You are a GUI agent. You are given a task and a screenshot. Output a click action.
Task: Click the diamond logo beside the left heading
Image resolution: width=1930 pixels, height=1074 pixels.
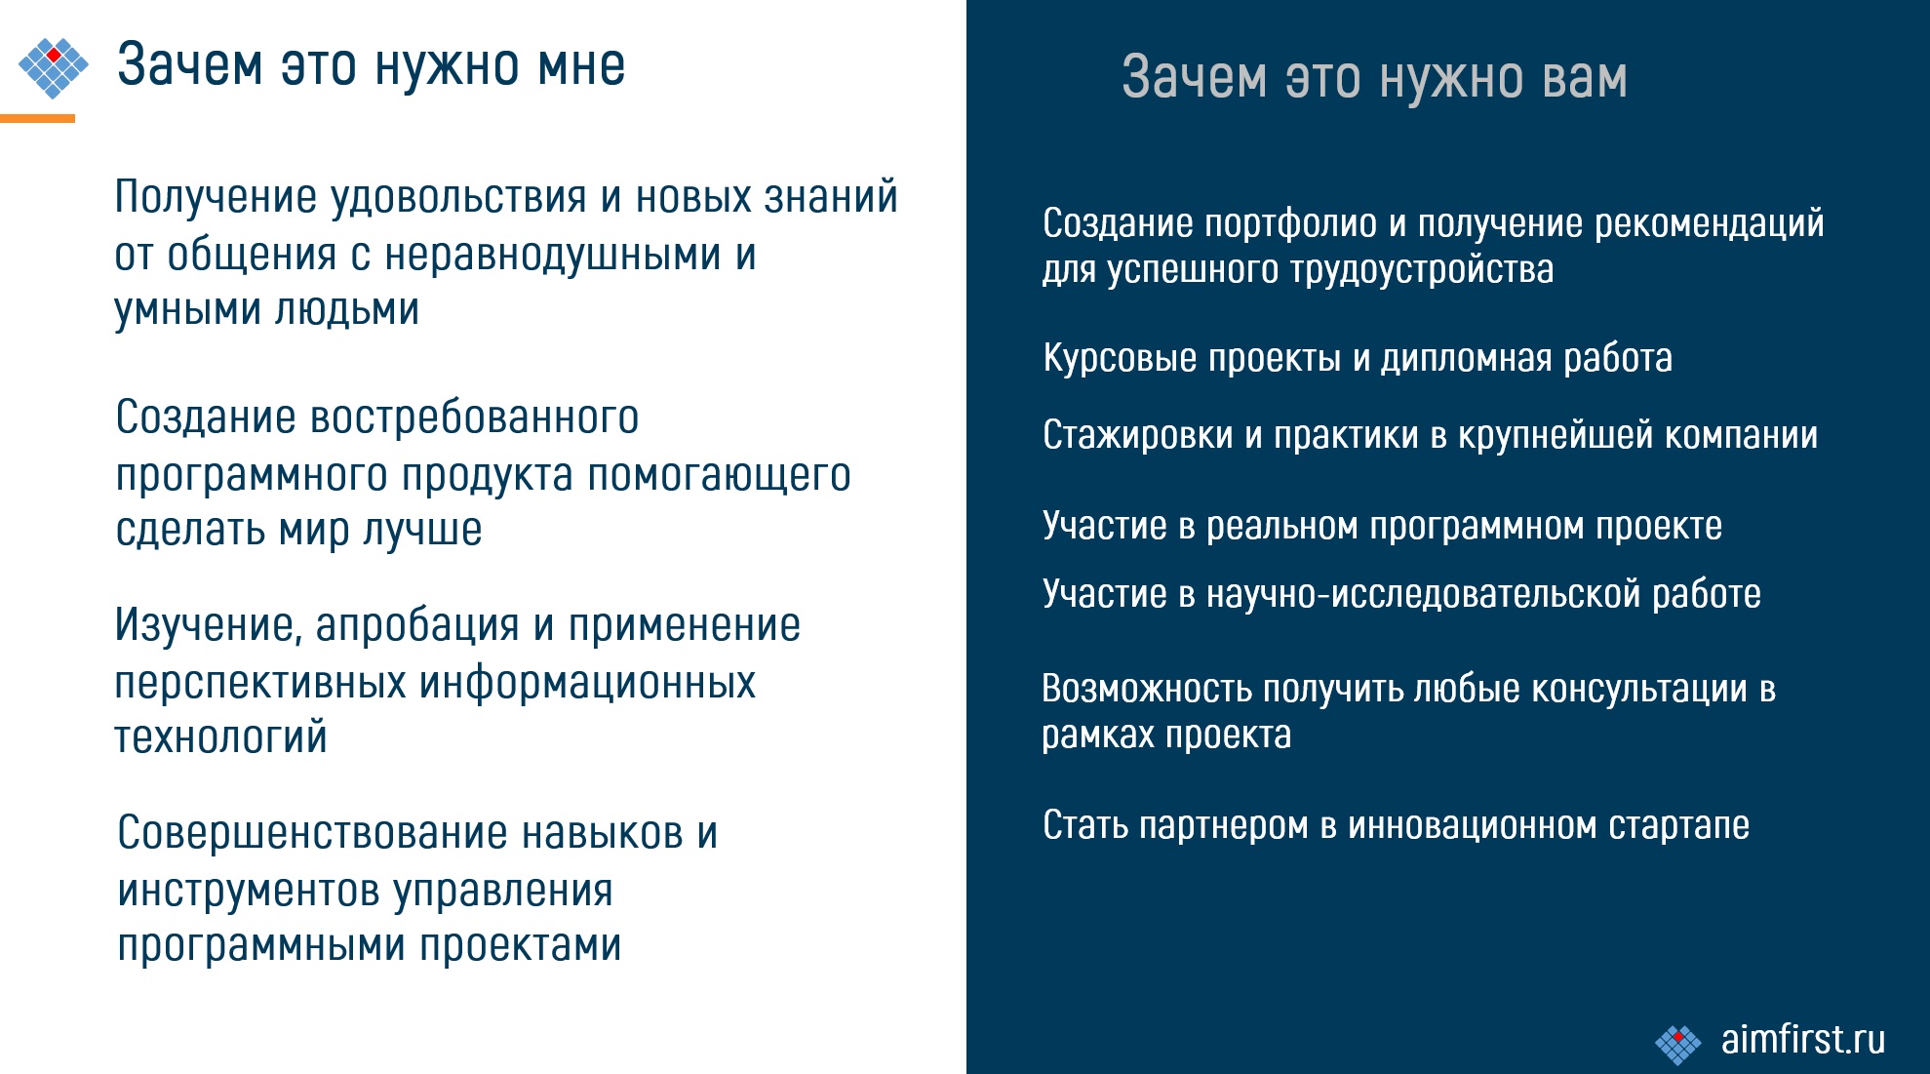tap(54, 67)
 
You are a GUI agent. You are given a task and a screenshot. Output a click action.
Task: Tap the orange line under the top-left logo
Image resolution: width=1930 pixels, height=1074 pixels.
tap(37, 118)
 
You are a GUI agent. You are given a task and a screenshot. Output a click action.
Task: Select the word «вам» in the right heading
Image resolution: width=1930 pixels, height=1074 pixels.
tap(1586, 78)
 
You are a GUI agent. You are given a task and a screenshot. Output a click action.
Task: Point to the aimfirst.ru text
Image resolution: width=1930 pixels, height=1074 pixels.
tap(1803, 1039)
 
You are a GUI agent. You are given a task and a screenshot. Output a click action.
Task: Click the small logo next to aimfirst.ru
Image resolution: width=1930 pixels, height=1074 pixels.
tap(1678, 1045)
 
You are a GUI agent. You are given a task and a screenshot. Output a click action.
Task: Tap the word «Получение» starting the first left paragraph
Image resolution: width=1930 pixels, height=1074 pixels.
tap(216, 197)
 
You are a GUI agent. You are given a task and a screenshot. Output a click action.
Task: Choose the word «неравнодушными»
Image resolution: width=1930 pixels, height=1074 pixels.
tap(554, 255)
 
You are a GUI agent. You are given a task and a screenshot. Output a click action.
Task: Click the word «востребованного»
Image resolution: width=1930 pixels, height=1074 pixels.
tap(474, 418)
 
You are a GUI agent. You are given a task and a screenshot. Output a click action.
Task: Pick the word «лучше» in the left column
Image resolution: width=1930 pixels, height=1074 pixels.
tap(422, 530)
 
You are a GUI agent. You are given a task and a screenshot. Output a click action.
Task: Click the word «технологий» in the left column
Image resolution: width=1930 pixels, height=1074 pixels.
tap(220, 737)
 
